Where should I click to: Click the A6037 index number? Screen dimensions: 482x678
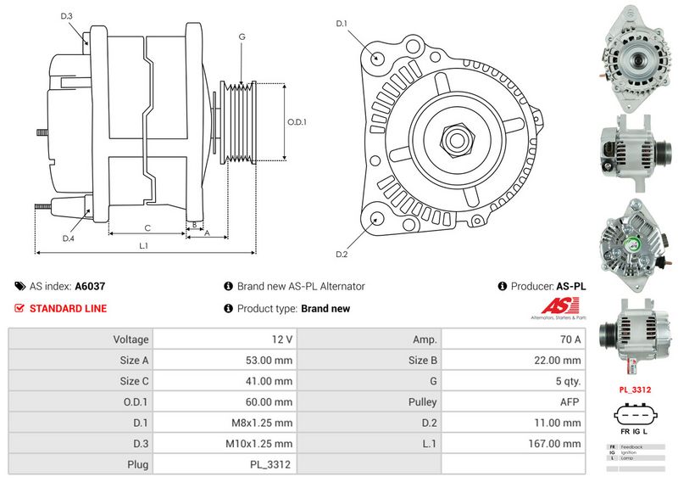(90, 287)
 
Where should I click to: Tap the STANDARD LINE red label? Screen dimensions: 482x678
(68, 309)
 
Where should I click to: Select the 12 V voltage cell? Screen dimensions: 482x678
(282, 339)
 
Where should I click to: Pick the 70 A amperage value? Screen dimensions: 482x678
(571, 339)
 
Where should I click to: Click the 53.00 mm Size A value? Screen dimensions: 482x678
(270, 360)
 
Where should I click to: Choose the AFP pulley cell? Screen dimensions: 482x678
(570, 401)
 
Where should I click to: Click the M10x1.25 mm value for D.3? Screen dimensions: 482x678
(259, 443)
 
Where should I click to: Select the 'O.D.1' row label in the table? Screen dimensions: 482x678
(135, 401)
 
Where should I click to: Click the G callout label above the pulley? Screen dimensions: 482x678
(242, 36)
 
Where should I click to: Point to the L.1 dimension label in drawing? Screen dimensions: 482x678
(144, 246)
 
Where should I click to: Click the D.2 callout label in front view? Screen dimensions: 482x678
(342, 254)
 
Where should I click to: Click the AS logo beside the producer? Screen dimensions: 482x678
(554, 309)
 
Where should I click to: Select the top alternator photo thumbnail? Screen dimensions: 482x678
(631, 57)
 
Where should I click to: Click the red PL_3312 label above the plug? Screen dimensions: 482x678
(634, 390)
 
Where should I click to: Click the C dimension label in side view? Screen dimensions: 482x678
(147, 227)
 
